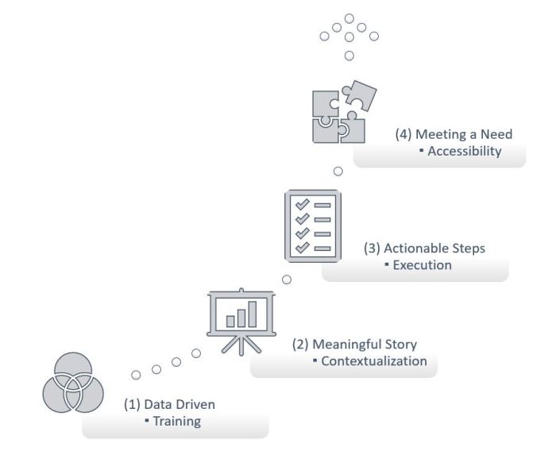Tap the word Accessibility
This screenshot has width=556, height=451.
pos(465,152)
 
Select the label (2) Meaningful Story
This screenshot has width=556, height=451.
pos(354,345)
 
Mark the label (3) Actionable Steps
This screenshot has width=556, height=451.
pos(424,249)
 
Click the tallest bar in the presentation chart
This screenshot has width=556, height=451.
pos(253,314)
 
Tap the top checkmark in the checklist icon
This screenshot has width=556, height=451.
pos(302,205)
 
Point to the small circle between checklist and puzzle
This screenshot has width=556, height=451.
pos(338,171)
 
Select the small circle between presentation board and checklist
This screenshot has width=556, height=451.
pos(287,279)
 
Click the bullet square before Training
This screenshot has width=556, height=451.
pos(147,421)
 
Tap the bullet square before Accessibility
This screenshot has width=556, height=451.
pos(421,152)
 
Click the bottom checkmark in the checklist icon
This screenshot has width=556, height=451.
pos(302,248)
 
